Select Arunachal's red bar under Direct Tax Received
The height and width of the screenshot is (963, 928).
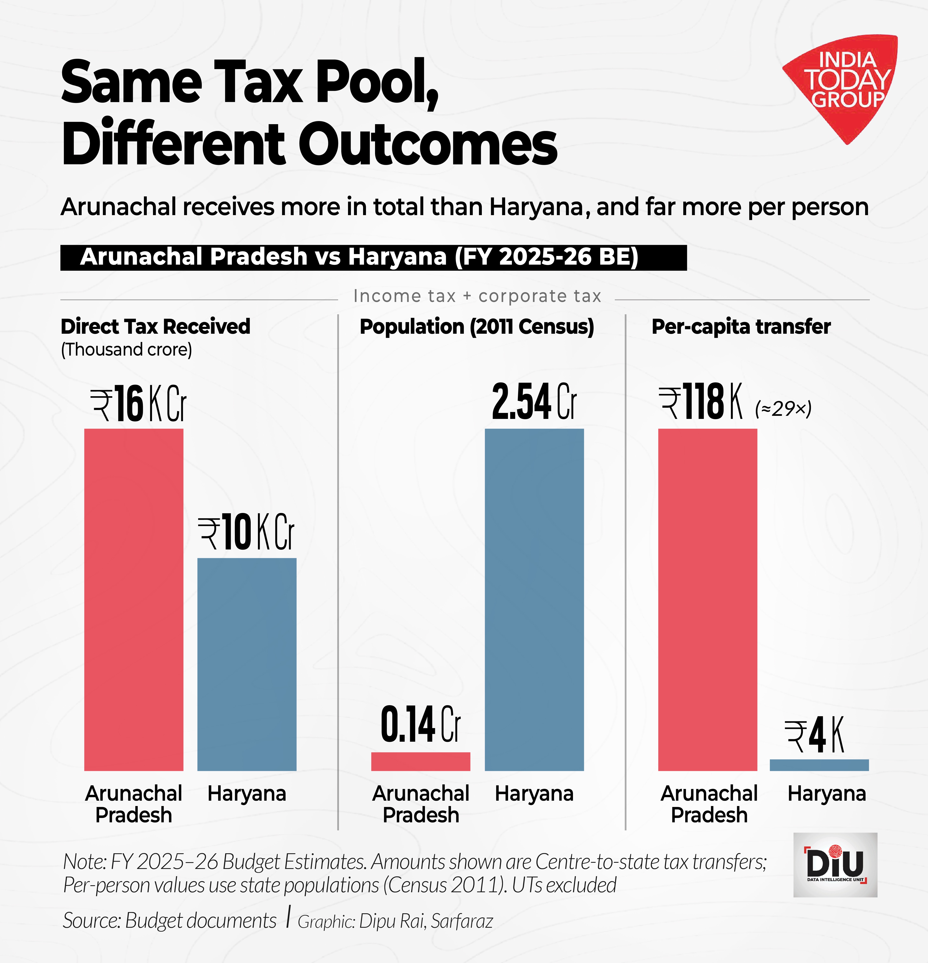pos(134,599)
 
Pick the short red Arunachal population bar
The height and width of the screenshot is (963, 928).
pos(421,761)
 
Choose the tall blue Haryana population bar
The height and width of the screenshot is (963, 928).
pos(534,599)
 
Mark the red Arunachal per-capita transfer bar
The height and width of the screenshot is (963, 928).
pos(707,599)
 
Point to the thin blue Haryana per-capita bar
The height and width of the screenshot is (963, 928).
pos(819,765)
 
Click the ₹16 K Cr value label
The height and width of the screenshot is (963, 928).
pos(139,404)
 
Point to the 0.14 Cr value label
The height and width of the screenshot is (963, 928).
pos(421,725)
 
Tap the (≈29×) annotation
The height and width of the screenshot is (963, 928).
pos(783,408)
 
